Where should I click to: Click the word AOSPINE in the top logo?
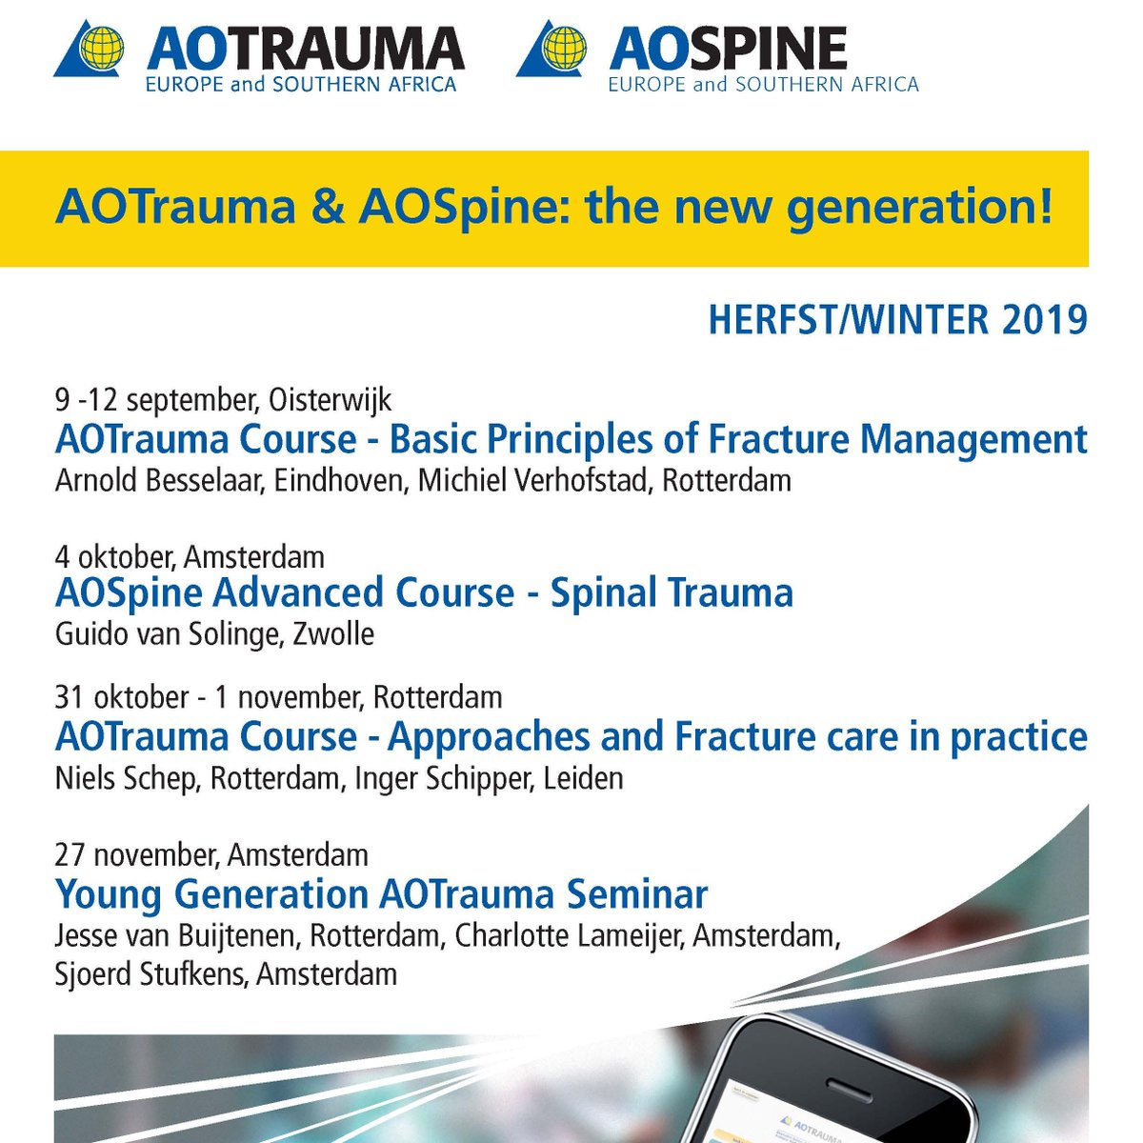(x=728, y=48)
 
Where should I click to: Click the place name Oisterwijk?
(x=330, y=398)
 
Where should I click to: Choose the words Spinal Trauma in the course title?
(x=672, y=592)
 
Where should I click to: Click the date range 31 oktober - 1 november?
(x=206, y=697)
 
